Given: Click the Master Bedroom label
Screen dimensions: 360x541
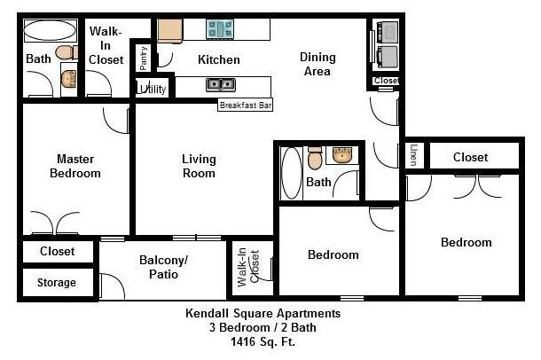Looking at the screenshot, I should pyautogui.click(x=74, y=166).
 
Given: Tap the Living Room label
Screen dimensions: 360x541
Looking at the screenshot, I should pyautogui.click(x=199, y=166).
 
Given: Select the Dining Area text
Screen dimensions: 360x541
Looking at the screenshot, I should pyautogui.click(x=318, y=64).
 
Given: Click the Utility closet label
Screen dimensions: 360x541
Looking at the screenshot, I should pyautogui.click(x=151, y=90).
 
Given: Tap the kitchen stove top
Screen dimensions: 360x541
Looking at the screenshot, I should pyautogui.click(x=220, y=29).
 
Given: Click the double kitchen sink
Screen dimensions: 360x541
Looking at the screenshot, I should pyautogui.click(x=220, y=85).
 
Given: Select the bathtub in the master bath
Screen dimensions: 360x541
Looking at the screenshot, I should pyautogui.click(x=49, y=30).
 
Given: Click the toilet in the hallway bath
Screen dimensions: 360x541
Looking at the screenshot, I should pyautogui.click(x=315, y=160).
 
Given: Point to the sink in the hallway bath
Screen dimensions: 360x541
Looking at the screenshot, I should pyautogui.click(x=343, y=157).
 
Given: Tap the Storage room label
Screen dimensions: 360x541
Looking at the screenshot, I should pyautogui.click(x=56, y=284).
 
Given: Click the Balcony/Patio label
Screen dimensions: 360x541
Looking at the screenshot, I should pyautogui.click(x=164, y=267).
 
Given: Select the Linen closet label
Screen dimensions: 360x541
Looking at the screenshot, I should pyautogui.click(x=413, y=154).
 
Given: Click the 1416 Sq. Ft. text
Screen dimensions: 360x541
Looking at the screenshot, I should pyautogui.click(x=263, y=340).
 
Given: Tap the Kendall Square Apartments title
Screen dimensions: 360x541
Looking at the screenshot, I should pyautogui.click(x=263, y=313).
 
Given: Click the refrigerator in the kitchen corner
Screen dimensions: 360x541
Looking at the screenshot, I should pyautogui.click(x=169, y=28).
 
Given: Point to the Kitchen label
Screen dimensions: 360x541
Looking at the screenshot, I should pyautogui.click(x=218, y=60).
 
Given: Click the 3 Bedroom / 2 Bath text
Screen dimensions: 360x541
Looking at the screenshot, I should pyautogui.click(x=263, y=327).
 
